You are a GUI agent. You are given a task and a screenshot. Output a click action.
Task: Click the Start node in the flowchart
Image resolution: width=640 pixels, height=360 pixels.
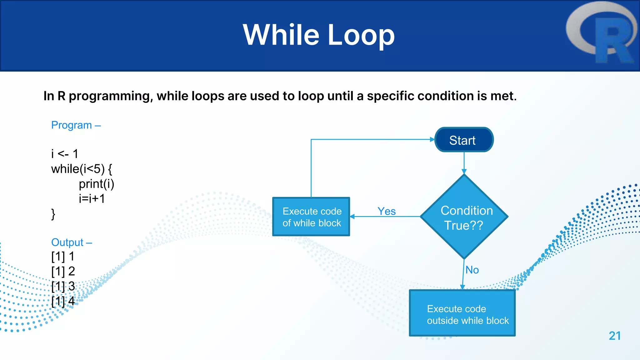(464, 140)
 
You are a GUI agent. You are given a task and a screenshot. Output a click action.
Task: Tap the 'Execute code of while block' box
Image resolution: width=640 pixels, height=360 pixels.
(311, 217)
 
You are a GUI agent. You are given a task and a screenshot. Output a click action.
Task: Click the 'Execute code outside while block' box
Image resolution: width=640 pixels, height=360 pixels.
(462, 313)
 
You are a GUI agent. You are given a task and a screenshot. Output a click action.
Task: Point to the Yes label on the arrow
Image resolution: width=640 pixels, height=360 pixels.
(387, 211)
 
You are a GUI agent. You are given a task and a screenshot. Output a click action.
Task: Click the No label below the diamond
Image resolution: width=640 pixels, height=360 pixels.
(472, 270)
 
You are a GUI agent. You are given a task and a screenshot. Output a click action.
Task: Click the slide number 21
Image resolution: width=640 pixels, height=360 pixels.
(615, 336)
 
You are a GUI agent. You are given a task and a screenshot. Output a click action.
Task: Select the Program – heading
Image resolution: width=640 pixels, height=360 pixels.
(76, 125)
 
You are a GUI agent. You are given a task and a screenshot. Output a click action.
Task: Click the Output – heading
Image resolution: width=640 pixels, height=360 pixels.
(72, 242)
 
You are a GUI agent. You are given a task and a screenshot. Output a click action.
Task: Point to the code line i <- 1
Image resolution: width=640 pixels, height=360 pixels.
(65, 154)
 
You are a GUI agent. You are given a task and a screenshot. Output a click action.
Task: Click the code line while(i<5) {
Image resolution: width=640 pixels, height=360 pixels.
(82, 169)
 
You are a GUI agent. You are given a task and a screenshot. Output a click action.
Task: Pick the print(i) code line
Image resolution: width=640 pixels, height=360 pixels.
(96, 184)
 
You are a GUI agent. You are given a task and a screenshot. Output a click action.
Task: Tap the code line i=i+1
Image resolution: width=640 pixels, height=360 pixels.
(92, 199)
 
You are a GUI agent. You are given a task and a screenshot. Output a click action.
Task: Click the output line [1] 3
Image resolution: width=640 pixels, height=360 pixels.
(63, 286)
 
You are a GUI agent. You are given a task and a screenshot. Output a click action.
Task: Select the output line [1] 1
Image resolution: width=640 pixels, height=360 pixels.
(63, 256)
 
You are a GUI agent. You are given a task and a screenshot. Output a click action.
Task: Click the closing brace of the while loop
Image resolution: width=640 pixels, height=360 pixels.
(53, 214)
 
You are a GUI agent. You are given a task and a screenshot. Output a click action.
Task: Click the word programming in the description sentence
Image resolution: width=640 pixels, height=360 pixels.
(111, 96)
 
